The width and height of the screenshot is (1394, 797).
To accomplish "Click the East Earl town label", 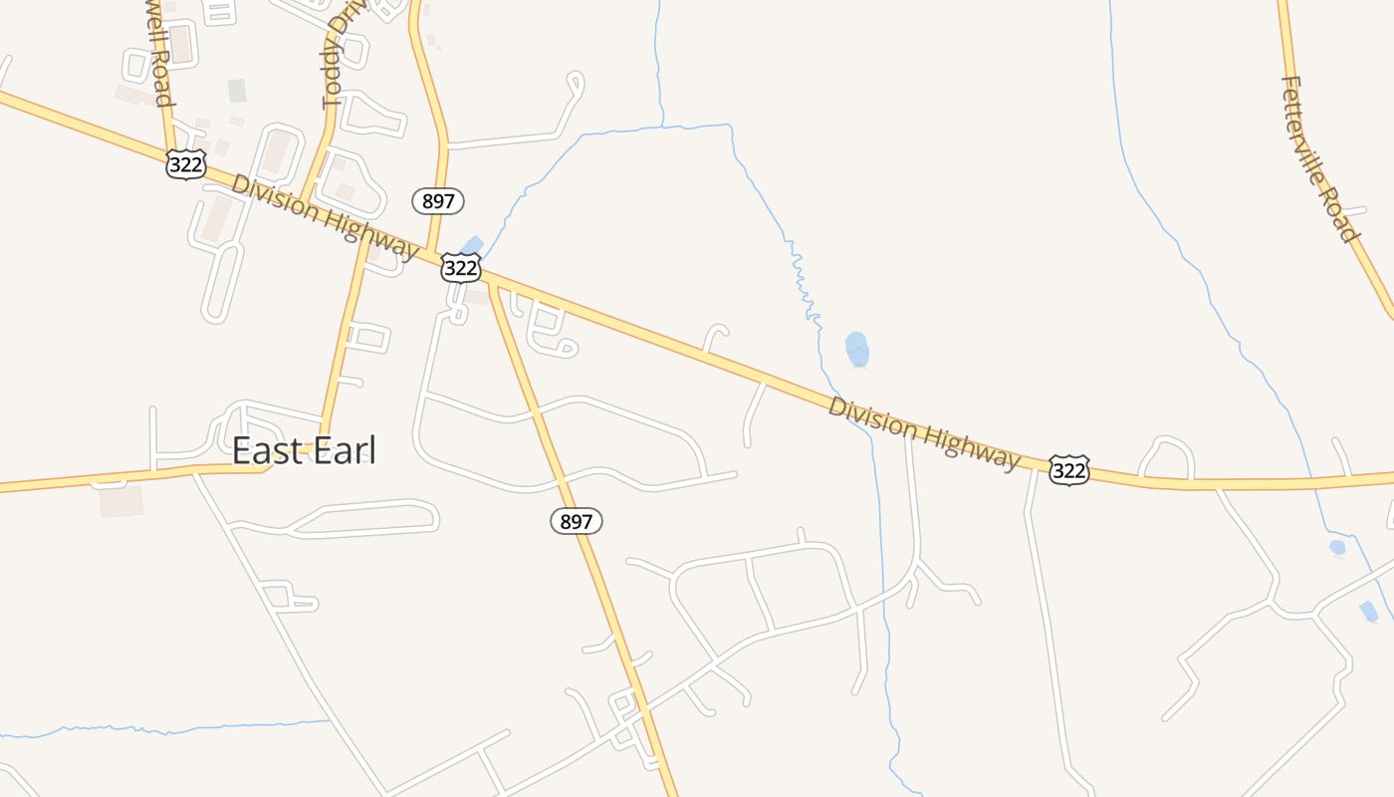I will point(304,450).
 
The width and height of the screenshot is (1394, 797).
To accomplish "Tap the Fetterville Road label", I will point(1319,159).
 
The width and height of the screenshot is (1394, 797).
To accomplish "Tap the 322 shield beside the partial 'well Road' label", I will point(186,164).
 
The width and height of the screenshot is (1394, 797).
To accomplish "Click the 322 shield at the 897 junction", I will point(461,267).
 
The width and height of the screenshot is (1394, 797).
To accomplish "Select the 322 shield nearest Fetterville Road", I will point(1068,470).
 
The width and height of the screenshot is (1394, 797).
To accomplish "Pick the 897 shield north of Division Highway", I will point(438,201).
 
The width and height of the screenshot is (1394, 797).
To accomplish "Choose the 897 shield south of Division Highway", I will point(577,520).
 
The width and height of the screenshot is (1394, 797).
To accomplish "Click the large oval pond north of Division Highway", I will point(856,349).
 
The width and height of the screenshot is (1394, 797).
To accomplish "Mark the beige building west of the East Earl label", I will point(120,501).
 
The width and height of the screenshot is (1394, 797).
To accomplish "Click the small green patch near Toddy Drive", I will point(237,91).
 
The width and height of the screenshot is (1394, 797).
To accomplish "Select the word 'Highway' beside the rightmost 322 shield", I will point(972,447).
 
